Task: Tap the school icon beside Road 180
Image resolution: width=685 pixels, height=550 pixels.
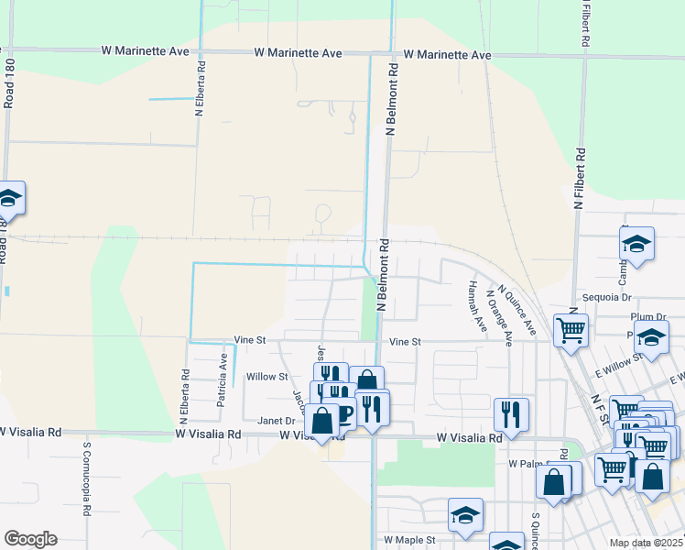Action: (8, 199)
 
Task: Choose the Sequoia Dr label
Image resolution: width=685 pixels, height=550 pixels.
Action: (608, 298)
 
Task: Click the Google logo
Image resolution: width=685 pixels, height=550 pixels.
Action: (30, 539)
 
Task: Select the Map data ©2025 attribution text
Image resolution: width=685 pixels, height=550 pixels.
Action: (646, 542)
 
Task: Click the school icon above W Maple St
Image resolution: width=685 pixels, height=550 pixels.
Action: (465, 515)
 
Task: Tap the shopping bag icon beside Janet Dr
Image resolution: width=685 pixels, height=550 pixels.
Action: (321, 422)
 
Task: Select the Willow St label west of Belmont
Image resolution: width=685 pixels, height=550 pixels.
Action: (267, 377)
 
